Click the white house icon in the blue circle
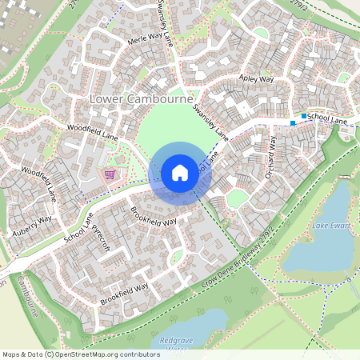coord(180,173)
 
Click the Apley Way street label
coord(257,79)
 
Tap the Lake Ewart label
coord(330,226)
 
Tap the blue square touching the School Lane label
coord(304,117)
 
